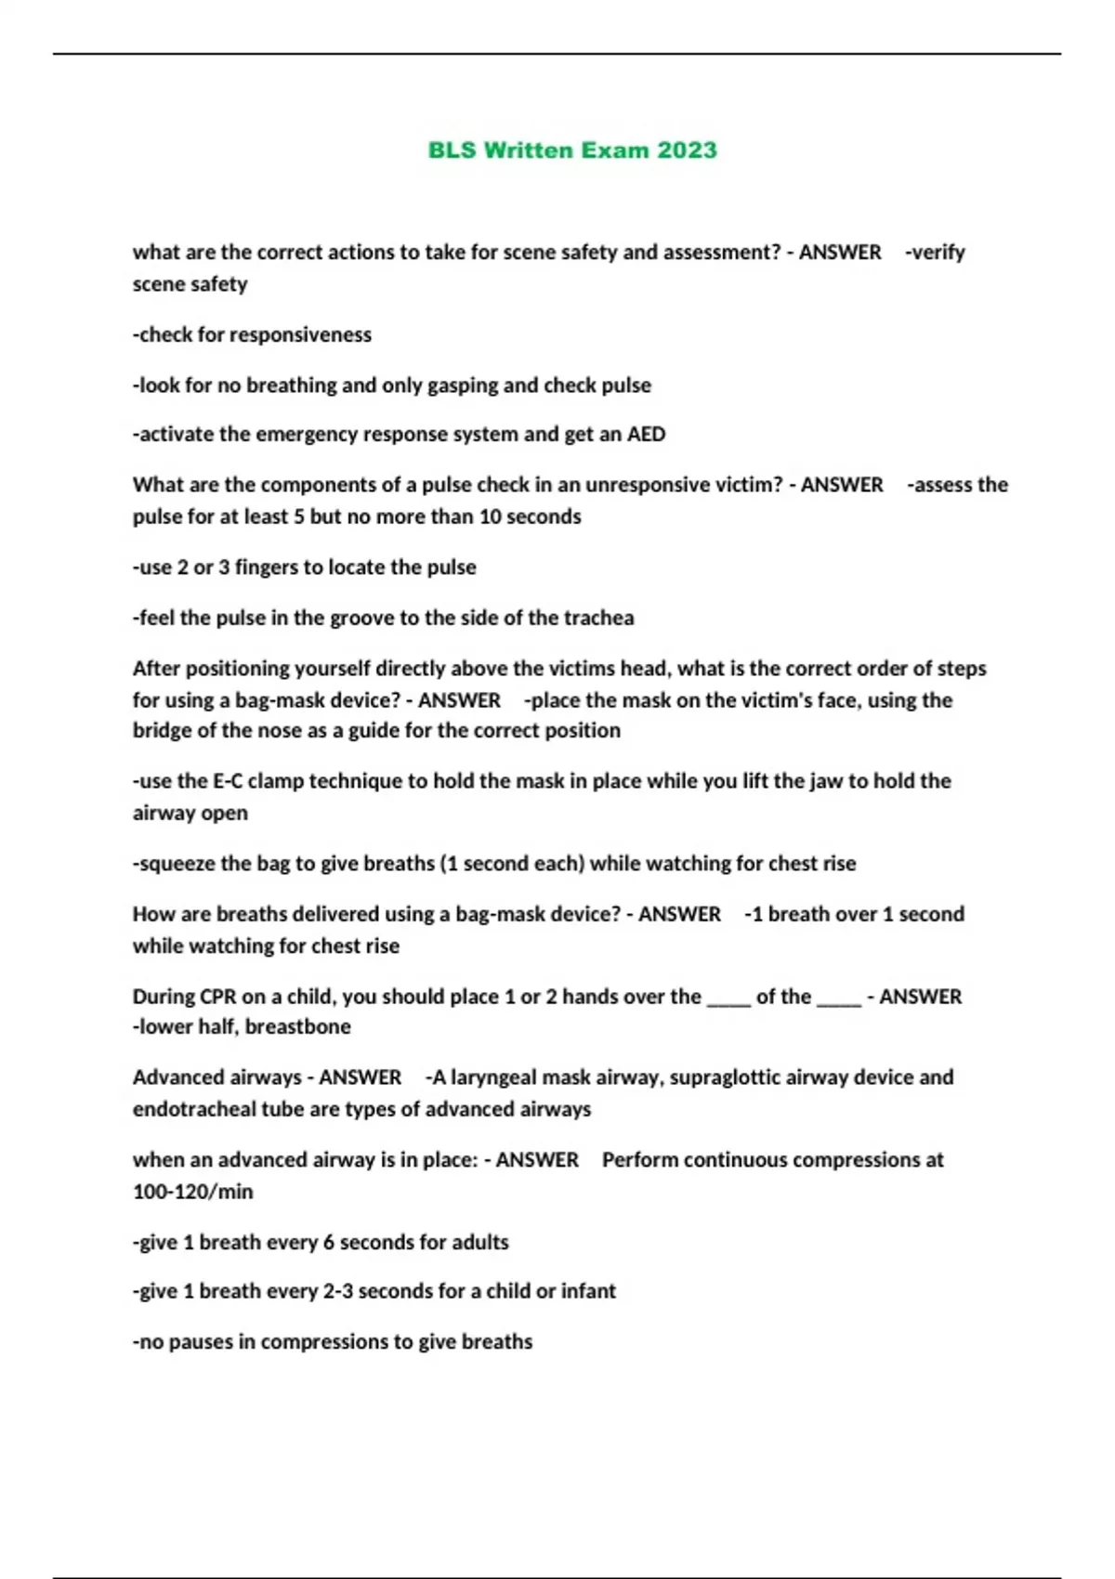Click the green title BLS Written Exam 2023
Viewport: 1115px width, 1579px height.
pyautogui.click(x=572, y=150)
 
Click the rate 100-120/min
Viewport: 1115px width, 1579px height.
pyautogui.click(x=192, y=1192)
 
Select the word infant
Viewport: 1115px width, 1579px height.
pyautogui.click(x=588, y=1291)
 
